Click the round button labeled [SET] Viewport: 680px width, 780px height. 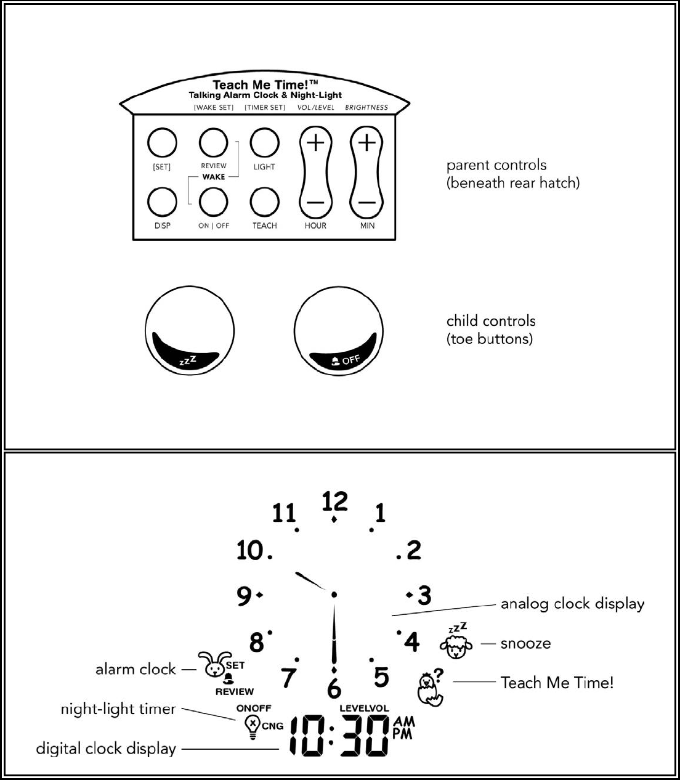(162, 144)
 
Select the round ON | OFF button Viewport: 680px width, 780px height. (213, 201)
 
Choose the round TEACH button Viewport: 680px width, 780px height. (264, 201)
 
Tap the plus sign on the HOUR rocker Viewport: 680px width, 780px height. (315, 143)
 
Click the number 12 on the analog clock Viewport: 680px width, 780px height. (335, 502)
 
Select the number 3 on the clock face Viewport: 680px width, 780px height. (424, 596)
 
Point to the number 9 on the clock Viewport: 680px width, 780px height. (245, 596)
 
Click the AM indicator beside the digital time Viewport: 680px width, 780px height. (404, 721)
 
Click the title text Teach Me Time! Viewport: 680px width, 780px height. (265, 85)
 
